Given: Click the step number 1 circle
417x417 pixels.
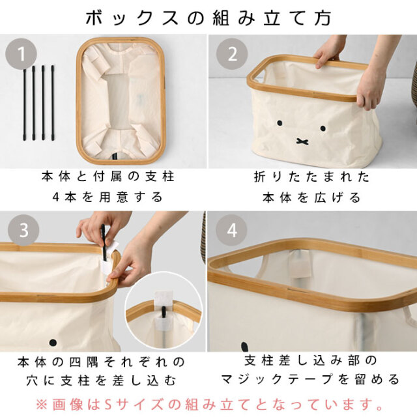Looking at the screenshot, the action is tap(21, 54).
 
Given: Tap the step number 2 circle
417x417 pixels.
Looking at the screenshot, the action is tap(232, 54).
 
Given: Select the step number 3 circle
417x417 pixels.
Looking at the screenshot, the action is tap(23, 230).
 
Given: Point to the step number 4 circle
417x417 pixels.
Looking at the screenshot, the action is tap(231, 230).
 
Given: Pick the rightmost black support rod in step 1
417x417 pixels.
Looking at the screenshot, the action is tap(52, 103).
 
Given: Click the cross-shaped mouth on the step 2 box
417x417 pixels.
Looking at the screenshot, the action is tap(302, 141).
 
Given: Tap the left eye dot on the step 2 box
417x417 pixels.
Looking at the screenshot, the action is tap(280, 123).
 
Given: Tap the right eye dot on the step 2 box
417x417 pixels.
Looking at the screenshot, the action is tap(323, 128).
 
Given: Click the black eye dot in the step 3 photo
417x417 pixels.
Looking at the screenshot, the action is tap(53, 342).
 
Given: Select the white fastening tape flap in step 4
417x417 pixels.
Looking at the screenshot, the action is tap(301, 264).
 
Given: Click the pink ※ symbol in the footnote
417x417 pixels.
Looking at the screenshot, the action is tap(41, 405).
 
